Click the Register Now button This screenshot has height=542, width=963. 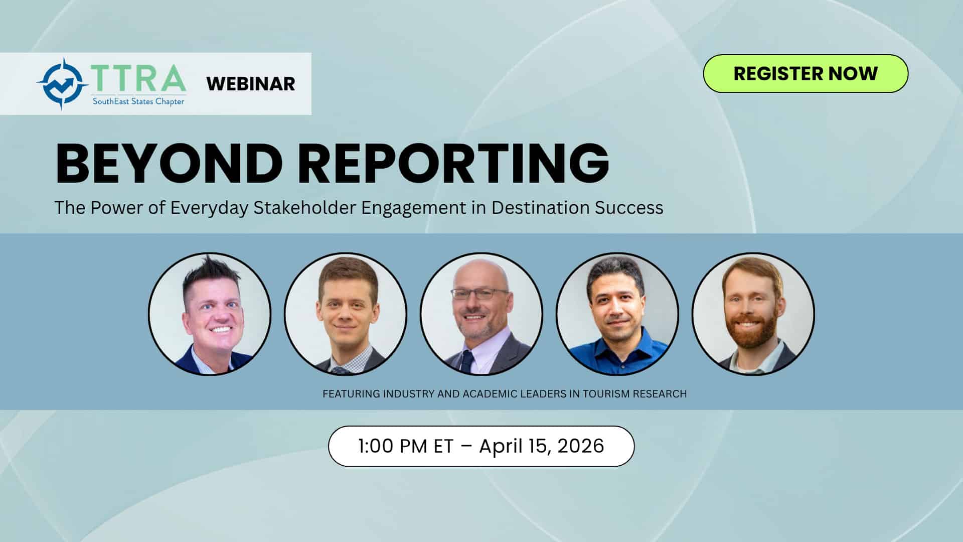point(806,73)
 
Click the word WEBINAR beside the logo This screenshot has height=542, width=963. point(251,84)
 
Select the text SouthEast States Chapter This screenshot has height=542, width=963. point(138,101)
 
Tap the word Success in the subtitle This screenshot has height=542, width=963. point(629,207)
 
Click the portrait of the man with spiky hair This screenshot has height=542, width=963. point(210,314)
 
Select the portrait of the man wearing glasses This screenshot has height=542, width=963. point(481,314)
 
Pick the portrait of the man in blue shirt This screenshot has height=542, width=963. point(617,314)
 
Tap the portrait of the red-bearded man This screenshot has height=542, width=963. point(753,314)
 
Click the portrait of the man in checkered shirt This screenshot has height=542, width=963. point(346,314)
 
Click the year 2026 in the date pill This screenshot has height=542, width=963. point(581,446)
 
